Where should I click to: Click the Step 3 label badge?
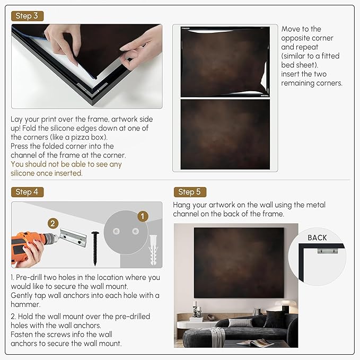point(27,16)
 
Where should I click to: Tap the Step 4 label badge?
point(27,191)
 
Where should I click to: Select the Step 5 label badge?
point(189,192)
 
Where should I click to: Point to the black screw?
point(95,247)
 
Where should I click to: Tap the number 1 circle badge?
point(142,216)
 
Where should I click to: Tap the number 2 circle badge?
point(53,224)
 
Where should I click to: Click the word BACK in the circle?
point(317,238)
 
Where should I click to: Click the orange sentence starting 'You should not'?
point(66,169)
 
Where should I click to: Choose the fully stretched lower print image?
point(225,134)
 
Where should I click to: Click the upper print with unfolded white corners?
point(225,61)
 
